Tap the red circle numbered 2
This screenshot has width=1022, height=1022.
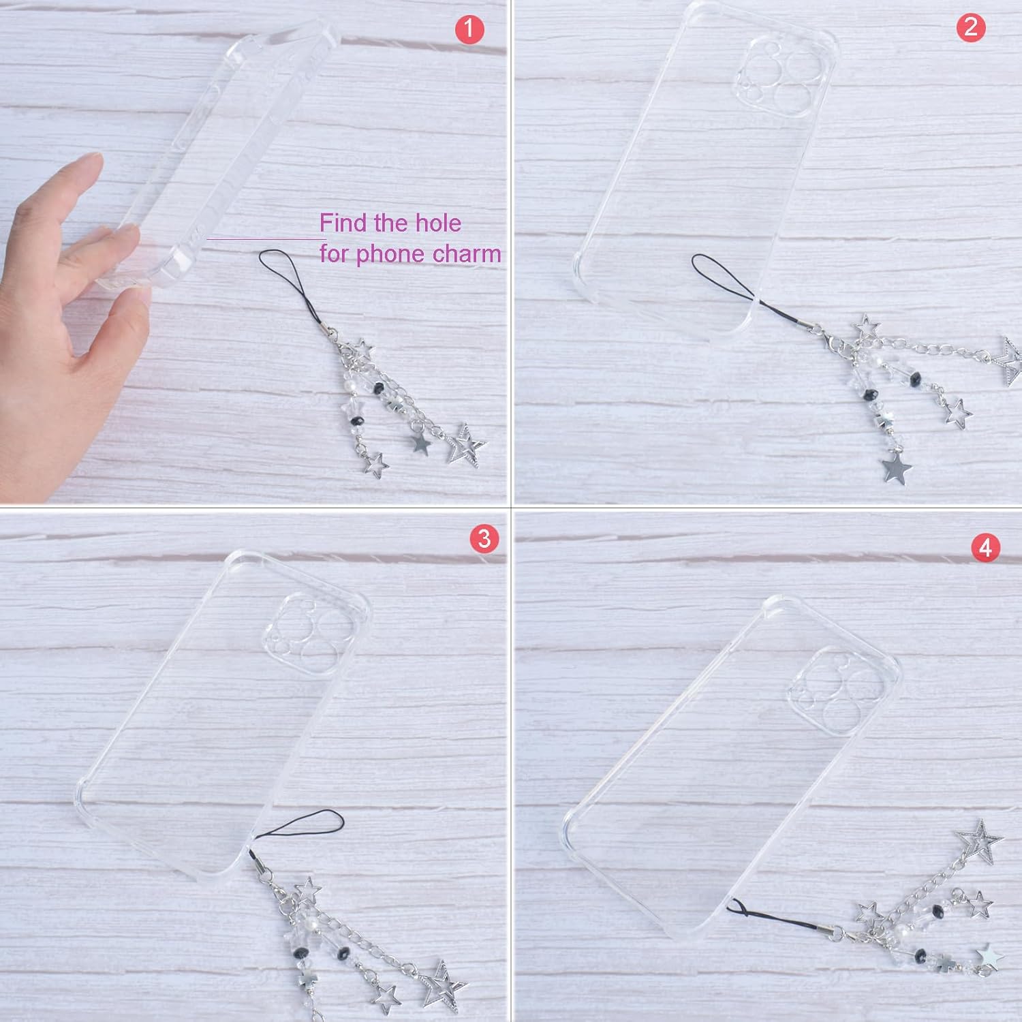(x=971, y=27)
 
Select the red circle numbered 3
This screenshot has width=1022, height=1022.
(x=484, y=538)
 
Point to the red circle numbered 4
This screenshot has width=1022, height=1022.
(x=985, y=548)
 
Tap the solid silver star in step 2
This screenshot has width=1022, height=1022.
(x=896, y=469)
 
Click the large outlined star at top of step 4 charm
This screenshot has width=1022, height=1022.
(x=980, y=841)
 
